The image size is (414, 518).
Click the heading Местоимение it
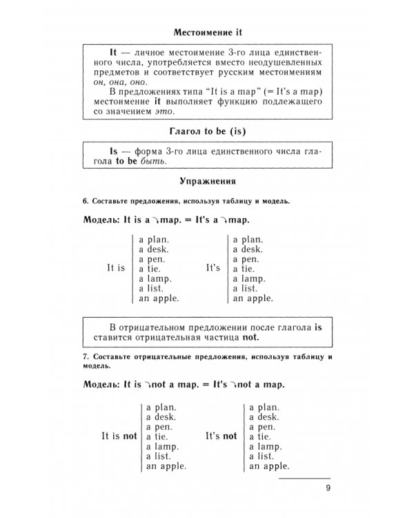[207, 32]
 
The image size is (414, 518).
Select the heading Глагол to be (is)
[207, 131]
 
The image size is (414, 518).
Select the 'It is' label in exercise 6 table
[116, 267]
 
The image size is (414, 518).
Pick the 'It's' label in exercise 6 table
[213, 267]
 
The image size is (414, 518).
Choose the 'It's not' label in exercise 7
[220, 436]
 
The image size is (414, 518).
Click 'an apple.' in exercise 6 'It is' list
[159, 299]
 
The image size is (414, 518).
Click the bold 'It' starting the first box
[115, 52]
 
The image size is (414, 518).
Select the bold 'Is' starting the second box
[115, 150]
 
